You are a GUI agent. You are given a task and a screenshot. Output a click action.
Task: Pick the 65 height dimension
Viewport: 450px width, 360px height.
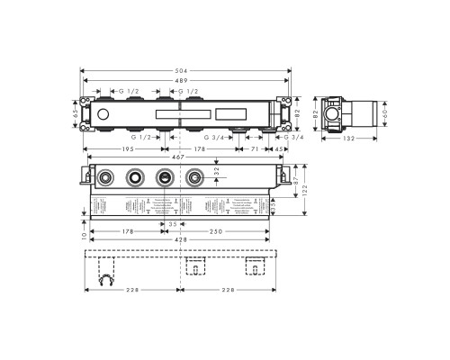(76, 114)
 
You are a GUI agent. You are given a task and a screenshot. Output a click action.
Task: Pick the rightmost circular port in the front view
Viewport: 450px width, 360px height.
(192, 177)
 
